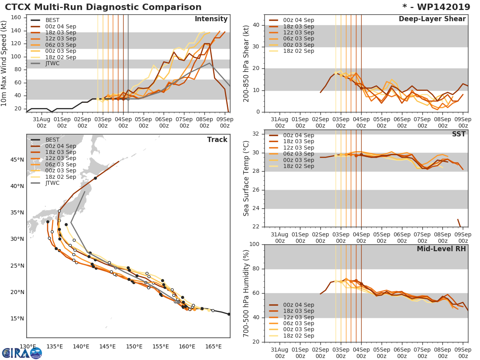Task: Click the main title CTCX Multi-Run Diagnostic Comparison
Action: point(103,7)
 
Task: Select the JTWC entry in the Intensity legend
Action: point(53,63)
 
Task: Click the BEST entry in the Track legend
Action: point(53,140)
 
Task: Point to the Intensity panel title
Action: point(211,19)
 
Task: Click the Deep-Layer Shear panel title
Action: point(432,19)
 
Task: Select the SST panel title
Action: point(458,134)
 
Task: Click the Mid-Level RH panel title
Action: point(441,249)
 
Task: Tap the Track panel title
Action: point(217,140)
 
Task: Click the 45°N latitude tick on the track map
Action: point(17,160)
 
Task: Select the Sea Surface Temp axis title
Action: point(247,178)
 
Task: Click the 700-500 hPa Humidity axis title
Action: point(247,293)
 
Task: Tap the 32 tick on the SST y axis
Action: point(256,134)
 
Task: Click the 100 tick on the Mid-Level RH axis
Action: point(254,244)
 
